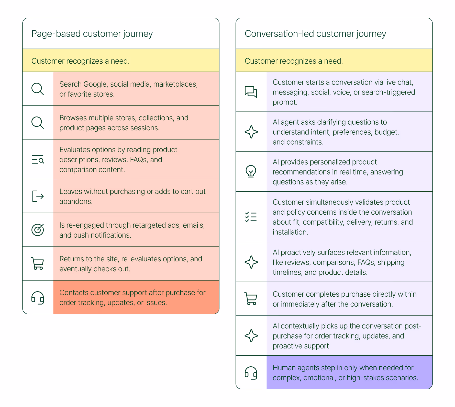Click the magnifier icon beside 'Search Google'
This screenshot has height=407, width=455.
pos(38,89)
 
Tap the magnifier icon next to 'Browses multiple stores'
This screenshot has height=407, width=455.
pos(38,123)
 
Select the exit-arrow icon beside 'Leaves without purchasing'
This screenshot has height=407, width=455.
pos(38,196)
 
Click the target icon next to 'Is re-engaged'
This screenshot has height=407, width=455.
pos(38,230)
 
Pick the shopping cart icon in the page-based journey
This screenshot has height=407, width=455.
pos(38,263)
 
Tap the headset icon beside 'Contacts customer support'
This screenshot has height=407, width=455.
pos(38,298)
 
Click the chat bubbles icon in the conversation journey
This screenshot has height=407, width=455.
pos(251,92)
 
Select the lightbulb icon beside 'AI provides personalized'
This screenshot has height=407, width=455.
pos(251,171)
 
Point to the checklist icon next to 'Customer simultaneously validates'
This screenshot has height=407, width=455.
pos(251,217)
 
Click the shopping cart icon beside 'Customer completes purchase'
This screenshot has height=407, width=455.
pos(251,299)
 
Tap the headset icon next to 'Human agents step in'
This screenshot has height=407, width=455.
pos(251,373)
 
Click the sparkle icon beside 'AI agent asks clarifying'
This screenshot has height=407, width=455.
pos(251,132)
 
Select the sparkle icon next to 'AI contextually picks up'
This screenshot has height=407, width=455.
pos(251,335)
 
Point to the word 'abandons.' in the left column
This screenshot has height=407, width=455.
pos(76,201)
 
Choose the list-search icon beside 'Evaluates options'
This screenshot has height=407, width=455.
pos(38,159)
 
